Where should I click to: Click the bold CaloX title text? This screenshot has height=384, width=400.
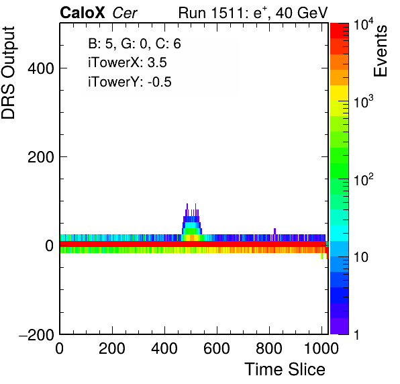[83, 13]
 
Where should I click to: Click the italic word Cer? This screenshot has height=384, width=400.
[125, 13]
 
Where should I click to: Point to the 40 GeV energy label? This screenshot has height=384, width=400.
[301, 13]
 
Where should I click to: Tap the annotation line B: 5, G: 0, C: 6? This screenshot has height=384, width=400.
[134, 44]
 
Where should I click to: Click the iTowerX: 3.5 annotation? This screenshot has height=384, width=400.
[128, 62]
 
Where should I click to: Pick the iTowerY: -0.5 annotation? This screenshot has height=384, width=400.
[130, 82]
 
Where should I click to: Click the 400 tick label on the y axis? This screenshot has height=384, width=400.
[41, 68]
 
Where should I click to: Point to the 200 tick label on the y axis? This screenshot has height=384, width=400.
[41, 157]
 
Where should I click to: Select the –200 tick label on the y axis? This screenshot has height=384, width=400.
[37, 334]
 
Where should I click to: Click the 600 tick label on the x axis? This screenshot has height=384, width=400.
[217, 348]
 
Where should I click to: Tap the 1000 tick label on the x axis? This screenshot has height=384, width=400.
[321, 348]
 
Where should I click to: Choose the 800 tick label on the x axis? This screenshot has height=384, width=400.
[269, 348]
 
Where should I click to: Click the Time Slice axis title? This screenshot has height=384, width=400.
[285, 369]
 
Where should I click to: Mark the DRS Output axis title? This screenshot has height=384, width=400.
[8, 73]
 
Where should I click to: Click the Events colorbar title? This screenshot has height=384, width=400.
[380, 51]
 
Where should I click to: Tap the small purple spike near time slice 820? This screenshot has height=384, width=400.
[274, 231]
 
